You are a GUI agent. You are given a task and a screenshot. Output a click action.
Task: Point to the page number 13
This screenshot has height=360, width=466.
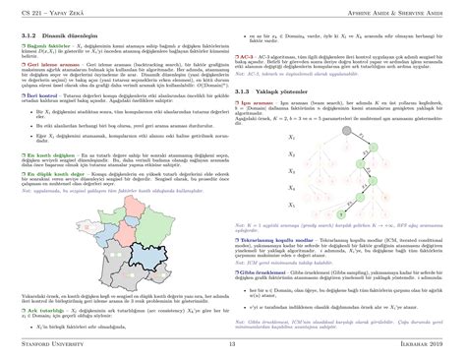click(x=233, y=343)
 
